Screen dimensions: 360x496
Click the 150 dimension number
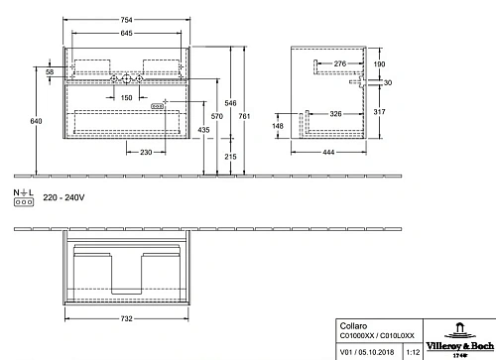pyautogui.click(x=128, y=97)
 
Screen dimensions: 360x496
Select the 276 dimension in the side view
pyautogui.click(x=339, y=64)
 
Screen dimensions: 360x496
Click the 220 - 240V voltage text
pyautogui.click(x=62, y=198)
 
